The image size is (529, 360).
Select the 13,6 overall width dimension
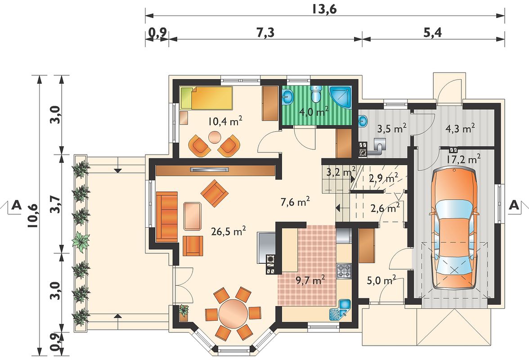point(324,9)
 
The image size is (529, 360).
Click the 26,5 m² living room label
point(229,231)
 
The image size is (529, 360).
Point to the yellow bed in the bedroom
point(206,98)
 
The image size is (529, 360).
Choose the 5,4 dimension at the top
point(433,33)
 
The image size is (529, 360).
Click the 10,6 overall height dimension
point(33,216)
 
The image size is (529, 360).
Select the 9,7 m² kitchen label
point(310,280)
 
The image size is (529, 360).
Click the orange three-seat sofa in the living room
point(166,217)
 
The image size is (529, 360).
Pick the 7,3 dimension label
point(265,33)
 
